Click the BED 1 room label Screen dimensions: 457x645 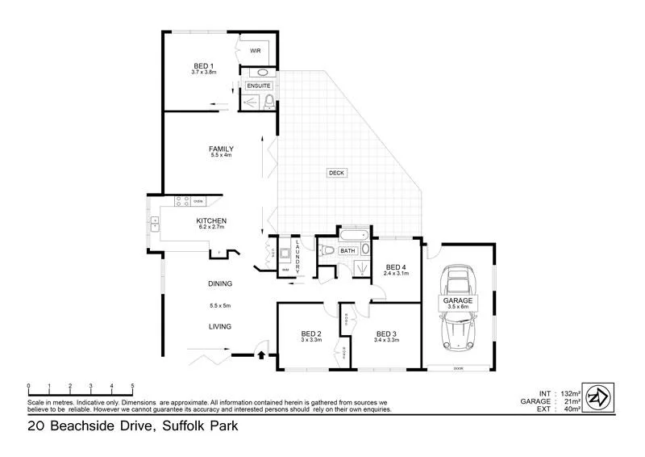click(203, 65)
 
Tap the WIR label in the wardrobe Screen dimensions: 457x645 click(255, 51)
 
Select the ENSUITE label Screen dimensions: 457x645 click(258, 86)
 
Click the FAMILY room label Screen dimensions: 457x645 click(221, 149)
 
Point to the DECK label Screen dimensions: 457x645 click(336, 173)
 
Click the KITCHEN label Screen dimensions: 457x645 click(211, 220)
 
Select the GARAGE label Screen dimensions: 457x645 click(458, 300)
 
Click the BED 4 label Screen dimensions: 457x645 click(396, 266)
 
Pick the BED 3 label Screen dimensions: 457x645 click(386, 333)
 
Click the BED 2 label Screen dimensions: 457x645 click(311, 333)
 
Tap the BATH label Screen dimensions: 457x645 click(347, 251)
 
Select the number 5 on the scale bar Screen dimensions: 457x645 click(133, 386)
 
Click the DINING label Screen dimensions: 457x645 click(220, 284)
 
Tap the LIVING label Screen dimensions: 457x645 click(220, 327)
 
